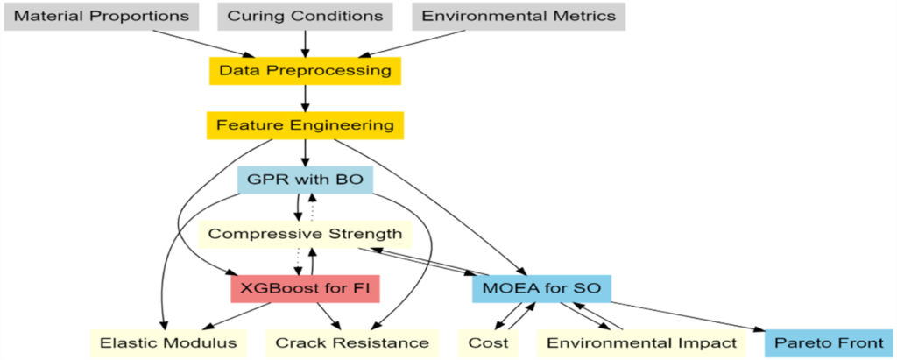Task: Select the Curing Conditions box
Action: click(305, 16)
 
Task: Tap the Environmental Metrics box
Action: click(519, 16)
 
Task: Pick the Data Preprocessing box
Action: click(305, 70)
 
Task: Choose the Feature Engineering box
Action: click(305, 125)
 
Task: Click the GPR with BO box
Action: click(305, 180)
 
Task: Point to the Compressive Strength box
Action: click(305, 234)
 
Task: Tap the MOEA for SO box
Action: click(541, 287)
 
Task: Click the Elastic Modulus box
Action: click(168, 342)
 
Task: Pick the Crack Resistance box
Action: click(352, 342)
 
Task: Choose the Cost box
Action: click(488, 342)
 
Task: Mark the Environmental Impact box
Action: click(641, 342)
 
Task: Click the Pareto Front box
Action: click(828, 342)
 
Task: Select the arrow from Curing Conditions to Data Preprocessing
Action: click(305, 43)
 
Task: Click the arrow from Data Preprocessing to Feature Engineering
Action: click(305, 98)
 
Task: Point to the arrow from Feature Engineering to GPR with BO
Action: click(305, 152)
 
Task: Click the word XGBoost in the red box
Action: click(278, 287)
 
